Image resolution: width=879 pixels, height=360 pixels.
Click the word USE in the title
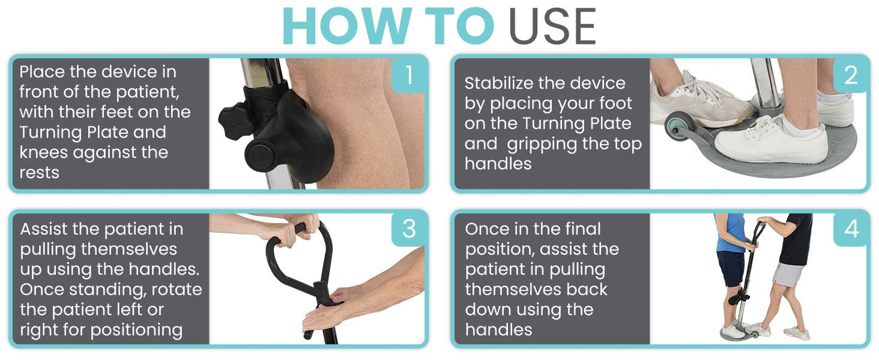point(552,26)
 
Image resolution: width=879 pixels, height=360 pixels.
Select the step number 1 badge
point(409,75)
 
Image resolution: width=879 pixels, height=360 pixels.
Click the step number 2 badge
point(851,75)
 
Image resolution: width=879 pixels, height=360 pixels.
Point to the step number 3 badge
point(409,229)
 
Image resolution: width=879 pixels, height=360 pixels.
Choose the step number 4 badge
point(851,229)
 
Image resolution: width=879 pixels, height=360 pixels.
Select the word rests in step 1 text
point(40,173)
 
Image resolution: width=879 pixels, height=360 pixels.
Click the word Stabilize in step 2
point(498,83)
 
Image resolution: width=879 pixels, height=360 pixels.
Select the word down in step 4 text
point(485,310)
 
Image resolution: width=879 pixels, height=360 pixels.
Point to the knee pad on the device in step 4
point(735,299)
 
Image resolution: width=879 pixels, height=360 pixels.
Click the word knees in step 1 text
point(44,152)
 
